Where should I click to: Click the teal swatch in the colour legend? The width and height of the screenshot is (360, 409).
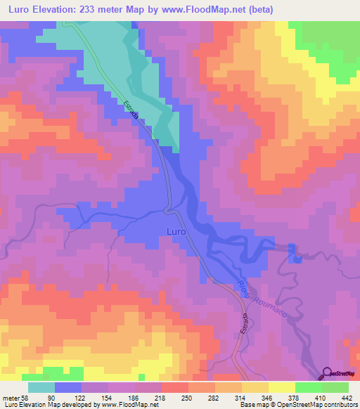41,388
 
